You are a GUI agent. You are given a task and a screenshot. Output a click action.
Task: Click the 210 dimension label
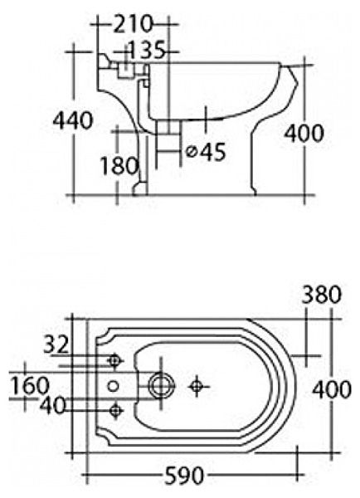(133, 24)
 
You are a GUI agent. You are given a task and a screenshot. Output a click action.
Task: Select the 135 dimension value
(146, 50)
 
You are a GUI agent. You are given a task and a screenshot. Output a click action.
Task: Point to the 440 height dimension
(73, 121)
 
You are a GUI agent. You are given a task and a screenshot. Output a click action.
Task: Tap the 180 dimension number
(119, 165)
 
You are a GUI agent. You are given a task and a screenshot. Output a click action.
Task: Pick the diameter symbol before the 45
(191, 152)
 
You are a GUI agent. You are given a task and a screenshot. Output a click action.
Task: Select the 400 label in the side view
(304, 133)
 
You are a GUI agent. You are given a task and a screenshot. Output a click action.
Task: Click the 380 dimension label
(321, 295)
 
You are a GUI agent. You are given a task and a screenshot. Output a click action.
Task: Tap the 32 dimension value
(56, 344)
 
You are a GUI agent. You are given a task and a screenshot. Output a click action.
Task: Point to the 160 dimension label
(30, 385)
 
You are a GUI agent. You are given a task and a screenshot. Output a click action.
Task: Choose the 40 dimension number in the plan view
(52, 406)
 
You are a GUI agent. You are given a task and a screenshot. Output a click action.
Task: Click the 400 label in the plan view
(332, 390)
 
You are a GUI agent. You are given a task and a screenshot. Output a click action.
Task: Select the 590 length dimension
(184, 476)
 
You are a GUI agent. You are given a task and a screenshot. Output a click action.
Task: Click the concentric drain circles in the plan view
(162, 385)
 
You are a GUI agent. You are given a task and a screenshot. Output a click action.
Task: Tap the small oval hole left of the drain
(113, 386)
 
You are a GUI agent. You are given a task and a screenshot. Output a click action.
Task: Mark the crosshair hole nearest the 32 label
(115, 361)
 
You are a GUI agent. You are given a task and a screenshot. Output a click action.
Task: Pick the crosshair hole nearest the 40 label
(115, 410)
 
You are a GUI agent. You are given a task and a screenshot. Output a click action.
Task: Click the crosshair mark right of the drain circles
(197, 386)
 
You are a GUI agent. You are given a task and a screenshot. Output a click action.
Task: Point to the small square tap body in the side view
(125, 71)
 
